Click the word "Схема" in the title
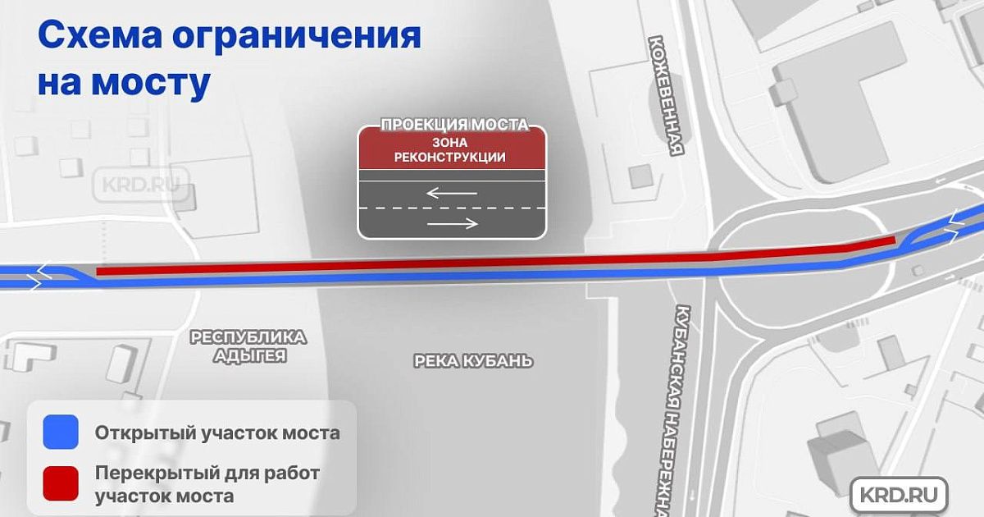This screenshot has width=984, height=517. click(x=100, y=34)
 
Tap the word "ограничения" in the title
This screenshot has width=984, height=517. click(x=297, y=37)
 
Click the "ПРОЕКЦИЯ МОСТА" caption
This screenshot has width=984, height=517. click(x=454, y=125)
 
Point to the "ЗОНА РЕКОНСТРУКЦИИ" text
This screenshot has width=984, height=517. click(x=450, y=150)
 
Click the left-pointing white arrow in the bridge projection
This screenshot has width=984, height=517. click(x=452, y=193)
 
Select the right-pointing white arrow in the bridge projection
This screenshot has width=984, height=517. click(x=453, y=224)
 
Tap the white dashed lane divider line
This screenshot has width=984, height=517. click(x=452, y=208)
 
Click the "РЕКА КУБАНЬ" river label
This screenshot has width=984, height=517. click(x=474, y=361)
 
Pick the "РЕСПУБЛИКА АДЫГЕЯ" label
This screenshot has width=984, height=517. click(x=248, y=346)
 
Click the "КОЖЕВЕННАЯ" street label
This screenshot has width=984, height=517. click(x=667, y=96)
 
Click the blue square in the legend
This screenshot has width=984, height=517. click(x=61, y=432)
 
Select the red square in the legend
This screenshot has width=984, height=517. click(x=61, y=483)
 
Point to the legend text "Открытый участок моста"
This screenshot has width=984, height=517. click(x=217, y=433)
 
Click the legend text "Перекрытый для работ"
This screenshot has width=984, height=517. click(x=207, y=474)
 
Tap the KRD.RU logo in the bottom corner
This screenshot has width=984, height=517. click(x=900, y=495)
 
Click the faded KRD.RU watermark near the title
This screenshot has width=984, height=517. click(x=141, y=185)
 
